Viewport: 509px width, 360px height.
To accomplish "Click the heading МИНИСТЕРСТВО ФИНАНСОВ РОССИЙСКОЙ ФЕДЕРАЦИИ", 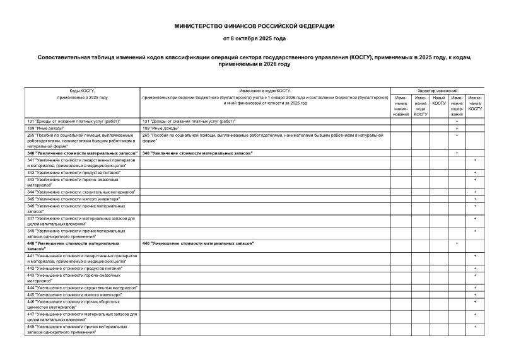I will (x=254, y=26).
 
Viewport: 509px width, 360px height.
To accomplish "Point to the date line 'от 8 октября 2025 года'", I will (x=254, y=38).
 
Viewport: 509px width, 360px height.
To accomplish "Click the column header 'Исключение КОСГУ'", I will (x=475, y=103).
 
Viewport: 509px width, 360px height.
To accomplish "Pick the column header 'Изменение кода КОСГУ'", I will (x=421, y=106).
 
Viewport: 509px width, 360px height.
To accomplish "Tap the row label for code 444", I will (x=82, y=287).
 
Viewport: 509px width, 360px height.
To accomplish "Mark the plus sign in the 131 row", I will (x=457, y=120).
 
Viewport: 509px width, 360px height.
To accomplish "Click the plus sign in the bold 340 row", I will (x=457, y=153).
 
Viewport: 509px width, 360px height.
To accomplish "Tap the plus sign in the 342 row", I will (x=475, y=172).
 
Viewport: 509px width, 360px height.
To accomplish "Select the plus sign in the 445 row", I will (x=475, y=294).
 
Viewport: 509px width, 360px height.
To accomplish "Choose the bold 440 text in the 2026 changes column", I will (x=198, y=243).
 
